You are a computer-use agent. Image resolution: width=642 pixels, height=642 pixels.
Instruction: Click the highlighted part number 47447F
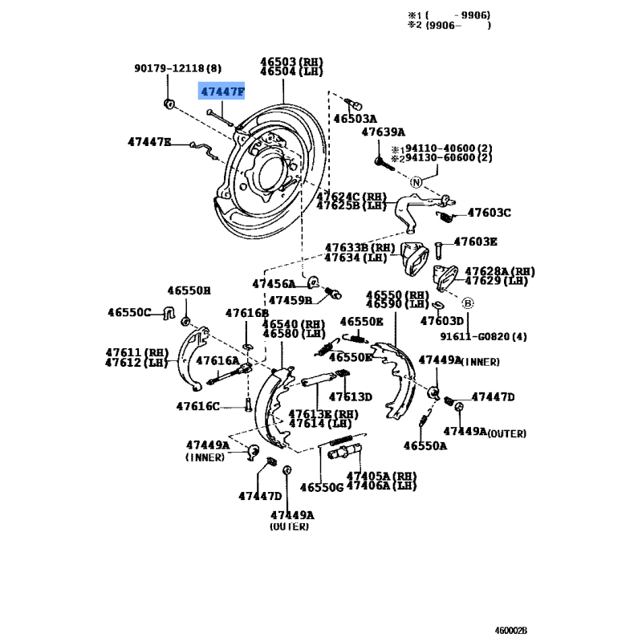[x=222, y=92]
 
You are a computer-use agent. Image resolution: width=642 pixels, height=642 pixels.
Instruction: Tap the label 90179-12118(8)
[x=177, y=70]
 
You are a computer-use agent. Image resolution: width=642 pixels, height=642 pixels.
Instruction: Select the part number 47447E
[x=149, y=142]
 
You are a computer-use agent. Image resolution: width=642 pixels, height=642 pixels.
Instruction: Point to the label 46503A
[x=355, y=119]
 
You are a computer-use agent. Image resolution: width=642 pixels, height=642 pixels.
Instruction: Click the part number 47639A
[x=383, y=132]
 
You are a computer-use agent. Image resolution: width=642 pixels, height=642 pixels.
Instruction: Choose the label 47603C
[x=489, y=213]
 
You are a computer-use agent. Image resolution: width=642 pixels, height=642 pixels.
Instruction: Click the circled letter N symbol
[x=416, y=183]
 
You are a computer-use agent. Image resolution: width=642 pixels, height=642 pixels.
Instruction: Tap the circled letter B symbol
[x=468, y=303]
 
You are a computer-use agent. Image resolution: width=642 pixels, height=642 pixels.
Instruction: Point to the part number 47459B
[x=290, y=301]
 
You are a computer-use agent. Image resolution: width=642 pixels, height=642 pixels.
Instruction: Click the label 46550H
[x=188, y=291]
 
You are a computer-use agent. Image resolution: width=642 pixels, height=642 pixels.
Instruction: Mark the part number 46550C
[x=132, y=311]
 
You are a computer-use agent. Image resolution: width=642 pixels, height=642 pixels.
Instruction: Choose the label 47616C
[x=198, y=406]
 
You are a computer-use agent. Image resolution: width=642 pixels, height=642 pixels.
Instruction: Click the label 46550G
[x=321, y=487]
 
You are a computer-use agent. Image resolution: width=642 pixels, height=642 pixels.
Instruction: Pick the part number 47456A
[x=274, y=284]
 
